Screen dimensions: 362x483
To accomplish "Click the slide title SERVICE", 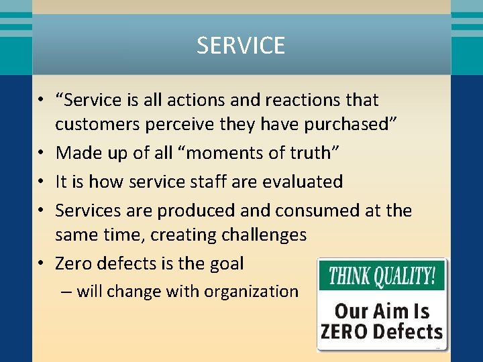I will point(241,46).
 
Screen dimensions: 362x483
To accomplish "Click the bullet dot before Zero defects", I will point(41,263).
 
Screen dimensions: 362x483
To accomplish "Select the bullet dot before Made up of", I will point(41,153).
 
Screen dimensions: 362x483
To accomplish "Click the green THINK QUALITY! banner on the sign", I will point(381,275).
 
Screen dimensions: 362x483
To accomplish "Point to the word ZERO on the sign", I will point(345,332).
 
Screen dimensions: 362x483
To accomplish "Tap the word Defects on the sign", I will point(409,332).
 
